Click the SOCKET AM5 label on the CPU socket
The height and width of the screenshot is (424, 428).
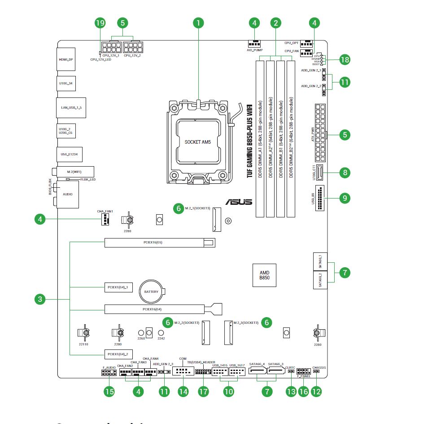pyautogui.click(x=197, y=142)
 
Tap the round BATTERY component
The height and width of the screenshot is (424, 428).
pyautogui.click(x=151, y=292)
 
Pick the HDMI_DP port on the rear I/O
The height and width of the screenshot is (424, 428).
pyautogui.click(x=66, y=59)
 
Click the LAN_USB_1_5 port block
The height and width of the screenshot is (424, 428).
pyautogui.click(x=70, y=108)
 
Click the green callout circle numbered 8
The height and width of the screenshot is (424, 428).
pyautogui.click(x=344, y=172)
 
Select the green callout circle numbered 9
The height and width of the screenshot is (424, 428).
pyautogui.click(x=344, y=198)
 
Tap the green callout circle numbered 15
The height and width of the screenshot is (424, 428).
pyautogui.click(x=109, y=391)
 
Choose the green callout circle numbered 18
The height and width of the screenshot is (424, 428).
pyautogui.click(x=344, y=60)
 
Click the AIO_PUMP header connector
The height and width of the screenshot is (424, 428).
pyautogui.click(x=254, y=44)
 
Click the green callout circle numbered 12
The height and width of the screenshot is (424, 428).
pyautogui.click(x=316, y=391)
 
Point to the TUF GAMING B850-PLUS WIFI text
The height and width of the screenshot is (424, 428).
pyautogui.click(x=249, y=141)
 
